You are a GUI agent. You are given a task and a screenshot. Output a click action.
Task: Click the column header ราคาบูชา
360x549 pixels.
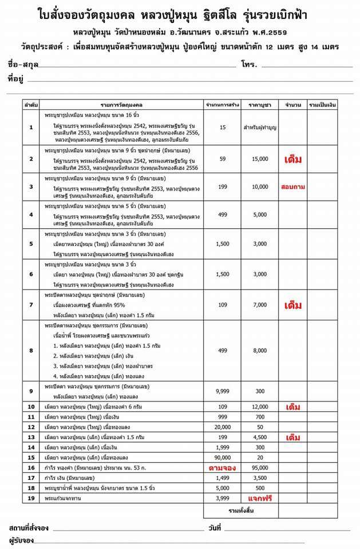tap(259, 106)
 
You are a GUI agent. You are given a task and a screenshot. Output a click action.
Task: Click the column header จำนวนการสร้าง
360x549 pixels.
tap(222, 106)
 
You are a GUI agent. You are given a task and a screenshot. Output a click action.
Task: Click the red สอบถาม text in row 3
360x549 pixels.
tap(292, 187)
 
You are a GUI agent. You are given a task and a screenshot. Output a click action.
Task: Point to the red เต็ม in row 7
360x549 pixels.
tap(292, 305)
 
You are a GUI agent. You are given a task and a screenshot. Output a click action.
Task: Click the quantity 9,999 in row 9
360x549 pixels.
tap(222, 391)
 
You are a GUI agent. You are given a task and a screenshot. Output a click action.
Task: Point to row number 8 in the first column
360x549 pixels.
tap(31, 350)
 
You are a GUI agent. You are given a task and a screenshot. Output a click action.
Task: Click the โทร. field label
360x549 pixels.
tap(249, 63)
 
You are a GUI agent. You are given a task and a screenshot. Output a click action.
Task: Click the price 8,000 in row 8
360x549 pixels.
tap(259, 350)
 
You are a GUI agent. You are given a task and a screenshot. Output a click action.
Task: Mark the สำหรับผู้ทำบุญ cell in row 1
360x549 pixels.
tap(259, 128)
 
